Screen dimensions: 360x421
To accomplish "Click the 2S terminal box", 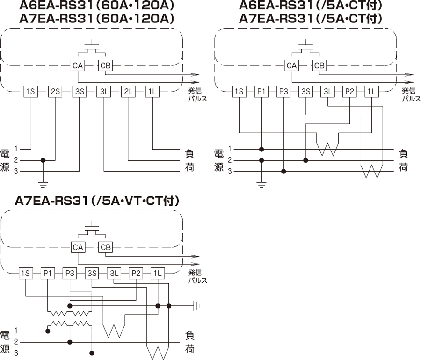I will [x=55, y=91].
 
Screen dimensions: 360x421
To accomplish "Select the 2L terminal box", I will [x=128, y=91].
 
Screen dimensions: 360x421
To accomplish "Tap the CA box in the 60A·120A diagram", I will [x=78, y=66].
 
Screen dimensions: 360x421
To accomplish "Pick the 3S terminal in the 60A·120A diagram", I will [x=79, y=91].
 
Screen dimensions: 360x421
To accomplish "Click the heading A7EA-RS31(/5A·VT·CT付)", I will [x=97, y=201].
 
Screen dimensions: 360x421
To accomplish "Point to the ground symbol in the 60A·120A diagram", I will [x=43, y=180].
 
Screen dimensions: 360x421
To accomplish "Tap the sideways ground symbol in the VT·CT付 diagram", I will [x=197, y=306].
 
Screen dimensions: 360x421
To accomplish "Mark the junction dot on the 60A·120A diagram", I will [x=43, y=160].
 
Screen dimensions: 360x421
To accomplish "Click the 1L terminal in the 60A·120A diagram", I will [x=152, y=91].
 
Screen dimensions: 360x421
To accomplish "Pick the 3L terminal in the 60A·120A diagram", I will [x=103, y=91].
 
